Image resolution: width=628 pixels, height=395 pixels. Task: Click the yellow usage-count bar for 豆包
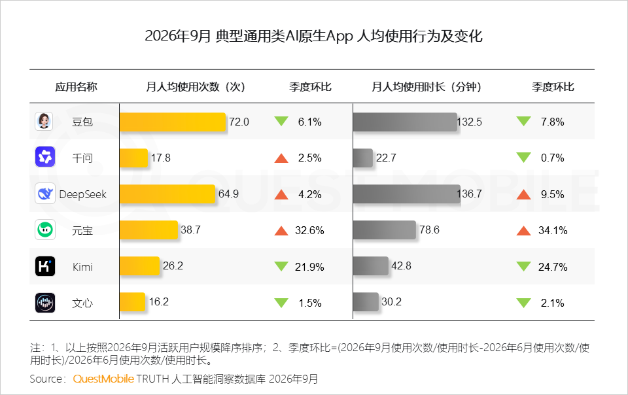pos(173,122)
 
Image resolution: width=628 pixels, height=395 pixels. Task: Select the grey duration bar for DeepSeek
pos(407,194)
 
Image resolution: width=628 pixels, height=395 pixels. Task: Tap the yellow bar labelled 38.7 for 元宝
pos(148,230)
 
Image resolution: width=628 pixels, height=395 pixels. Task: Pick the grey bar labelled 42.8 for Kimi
pos(371,266)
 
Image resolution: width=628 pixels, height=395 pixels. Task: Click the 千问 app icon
pos(45,157)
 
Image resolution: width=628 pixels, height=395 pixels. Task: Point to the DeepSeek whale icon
pos(45,194)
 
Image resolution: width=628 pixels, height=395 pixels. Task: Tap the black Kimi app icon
pos(45,267)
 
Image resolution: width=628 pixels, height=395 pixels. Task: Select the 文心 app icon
pos(45,303)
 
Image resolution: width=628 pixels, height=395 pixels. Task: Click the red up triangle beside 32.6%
pos(281,230)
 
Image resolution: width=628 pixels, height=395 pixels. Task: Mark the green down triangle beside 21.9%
pos(281,266)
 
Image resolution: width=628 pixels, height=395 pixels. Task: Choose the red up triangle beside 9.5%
pos(523,194)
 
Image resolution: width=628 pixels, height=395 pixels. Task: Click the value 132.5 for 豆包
pos(470,122)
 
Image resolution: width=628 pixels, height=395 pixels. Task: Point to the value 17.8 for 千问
pos(161,158)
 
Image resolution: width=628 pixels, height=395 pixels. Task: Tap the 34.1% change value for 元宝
pos(553,230)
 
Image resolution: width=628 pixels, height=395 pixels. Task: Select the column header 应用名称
pos(76,87)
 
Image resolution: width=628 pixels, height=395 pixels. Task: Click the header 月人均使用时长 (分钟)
pos(427,87)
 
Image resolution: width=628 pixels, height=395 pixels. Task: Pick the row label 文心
pos(82,303)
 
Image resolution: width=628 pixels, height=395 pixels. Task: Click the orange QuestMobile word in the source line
pos(103,379)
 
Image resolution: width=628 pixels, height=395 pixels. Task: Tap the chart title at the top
pos(313,36)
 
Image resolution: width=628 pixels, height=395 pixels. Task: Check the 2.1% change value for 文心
pos(552,303)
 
